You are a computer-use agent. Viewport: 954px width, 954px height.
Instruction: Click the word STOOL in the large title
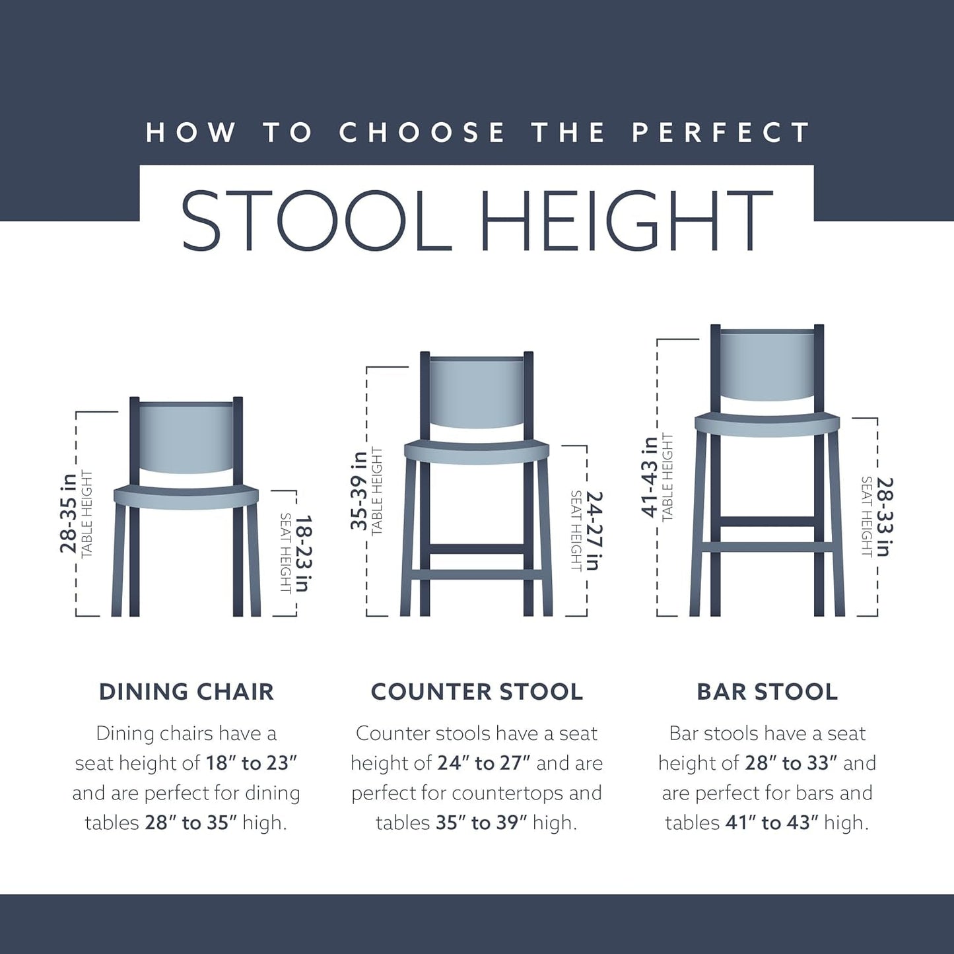click(316, 221)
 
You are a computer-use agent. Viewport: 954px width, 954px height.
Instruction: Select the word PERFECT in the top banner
click(720, 132)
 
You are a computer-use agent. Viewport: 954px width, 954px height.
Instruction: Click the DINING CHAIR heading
click(186, 692)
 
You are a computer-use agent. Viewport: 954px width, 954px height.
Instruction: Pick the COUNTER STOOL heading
click(477, 692)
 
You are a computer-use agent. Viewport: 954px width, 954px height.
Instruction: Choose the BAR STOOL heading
click(767, 692)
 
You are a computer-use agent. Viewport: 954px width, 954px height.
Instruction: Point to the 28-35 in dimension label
click(68, 512)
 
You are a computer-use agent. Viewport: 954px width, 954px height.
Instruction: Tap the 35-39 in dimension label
click(358, 491)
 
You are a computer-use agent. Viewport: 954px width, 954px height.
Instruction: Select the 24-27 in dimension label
click(594, 530)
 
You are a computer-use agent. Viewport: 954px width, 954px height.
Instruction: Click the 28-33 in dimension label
click(885, 517)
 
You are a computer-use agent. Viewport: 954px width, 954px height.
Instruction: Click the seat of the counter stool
click(477, 451)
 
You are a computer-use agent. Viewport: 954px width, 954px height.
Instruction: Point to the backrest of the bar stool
click(767, 366)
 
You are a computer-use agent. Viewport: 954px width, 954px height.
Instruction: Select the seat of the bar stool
click(767, 424)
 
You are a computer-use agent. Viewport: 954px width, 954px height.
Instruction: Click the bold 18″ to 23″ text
click(252, 763)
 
